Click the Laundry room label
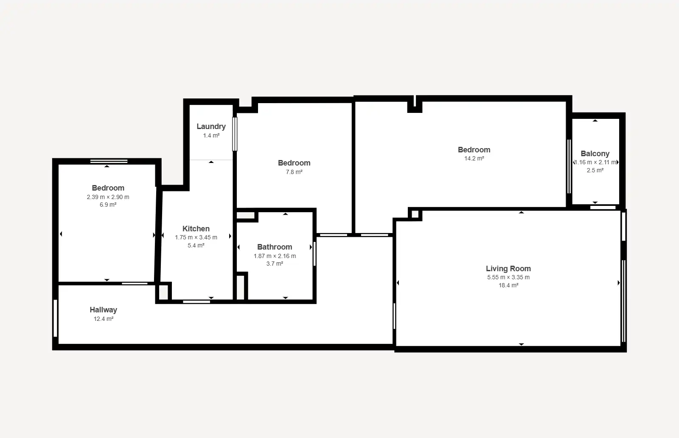point(211,126)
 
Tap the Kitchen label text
point(196,228)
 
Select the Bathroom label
point(275,247)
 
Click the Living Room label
point(508,269)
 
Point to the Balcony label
point(595,154)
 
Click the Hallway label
point(104,310)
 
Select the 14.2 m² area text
point(474,159)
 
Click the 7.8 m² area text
point(294,172)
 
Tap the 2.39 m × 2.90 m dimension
point(108,197)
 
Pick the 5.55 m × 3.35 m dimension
point(508,277)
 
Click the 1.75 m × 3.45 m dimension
point(196,237)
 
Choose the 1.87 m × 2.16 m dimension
point(275,256)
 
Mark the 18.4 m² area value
point(508,285)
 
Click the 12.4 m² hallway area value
point(104,319)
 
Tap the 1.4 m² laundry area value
point(211,135)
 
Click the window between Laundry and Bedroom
point(235,134)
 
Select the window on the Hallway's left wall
point(56,318)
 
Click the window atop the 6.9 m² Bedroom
point(109,162)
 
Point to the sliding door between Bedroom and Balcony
point(569,166)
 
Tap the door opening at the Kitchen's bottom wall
point(196,302)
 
